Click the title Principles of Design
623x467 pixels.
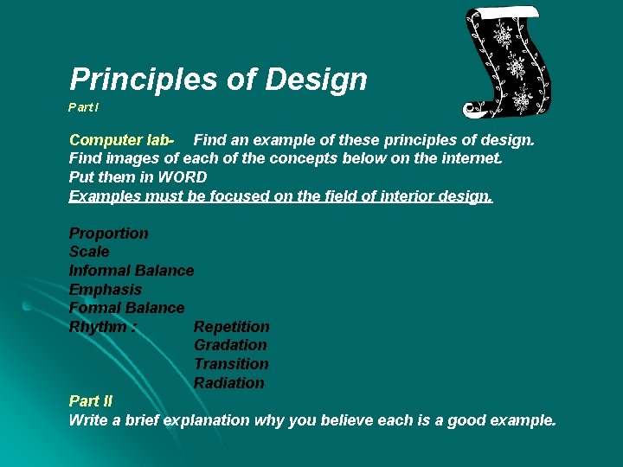(218, 80)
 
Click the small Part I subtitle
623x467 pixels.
(84, 108)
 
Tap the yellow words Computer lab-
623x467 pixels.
(122, 139)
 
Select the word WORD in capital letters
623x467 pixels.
(182, 177)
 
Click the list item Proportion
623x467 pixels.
(108, 233)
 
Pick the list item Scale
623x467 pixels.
(89, 252)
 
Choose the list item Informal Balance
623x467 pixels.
(132, 271)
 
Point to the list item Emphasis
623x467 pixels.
(105, 290)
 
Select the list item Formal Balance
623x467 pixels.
(126, 308)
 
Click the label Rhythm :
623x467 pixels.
(103, 327)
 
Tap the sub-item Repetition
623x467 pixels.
(231, 327)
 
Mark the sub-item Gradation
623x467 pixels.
(229, 345)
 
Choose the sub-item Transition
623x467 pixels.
(230, 364)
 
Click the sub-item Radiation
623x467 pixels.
(228, 383)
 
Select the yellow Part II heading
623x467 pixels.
(90, 401)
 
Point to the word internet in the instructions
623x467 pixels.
(469, 158)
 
